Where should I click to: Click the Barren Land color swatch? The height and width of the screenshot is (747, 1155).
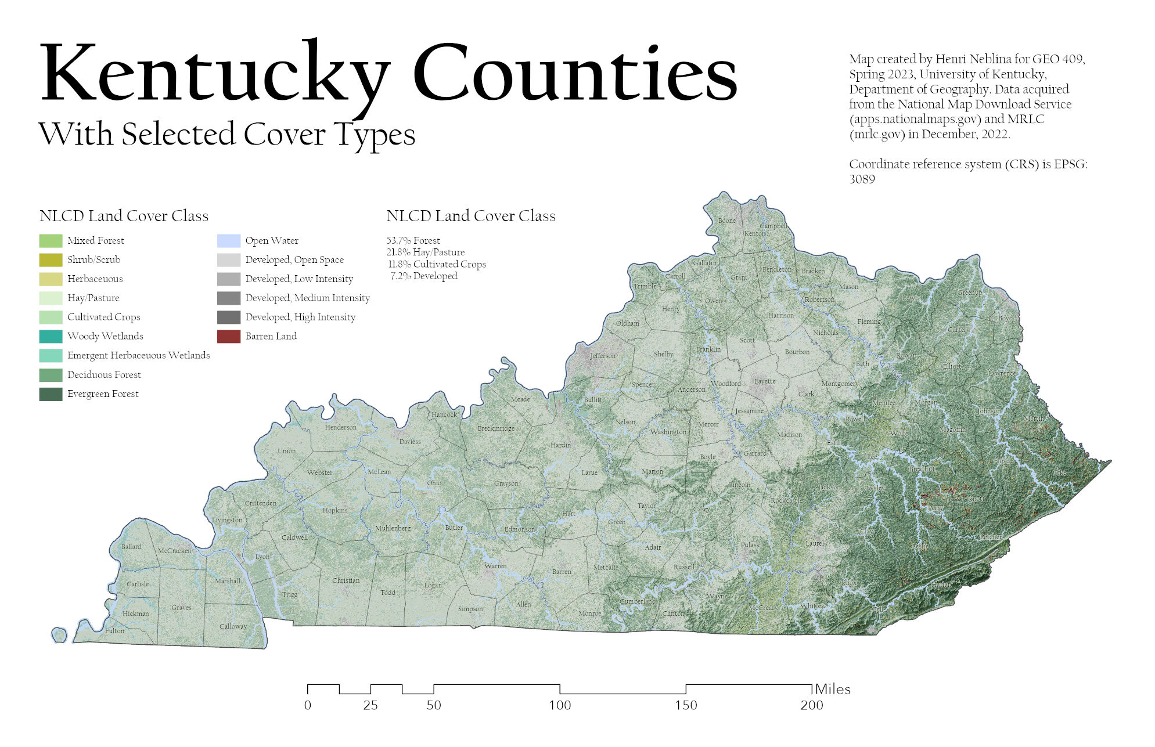click(228, 337)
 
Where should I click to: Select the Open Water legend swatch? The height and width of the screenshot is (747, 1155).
click(228, 241)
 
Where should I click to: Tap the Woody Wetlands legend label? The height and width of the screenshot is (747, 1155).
click(105, 336)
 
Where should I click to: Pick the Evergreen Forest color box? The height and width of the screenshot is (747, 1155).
click(51, 394)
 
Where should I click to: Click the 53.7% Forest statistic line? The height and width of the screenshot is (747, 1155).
click(413, 240)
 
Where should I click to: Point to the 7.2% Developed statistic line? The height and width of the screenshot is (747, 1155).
click(423, 276)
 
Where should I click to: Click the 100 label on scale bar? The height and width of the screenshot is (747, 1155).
click(560, 705)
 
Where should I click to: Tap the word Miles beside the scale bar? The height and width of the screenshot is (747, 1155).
click(833, 689)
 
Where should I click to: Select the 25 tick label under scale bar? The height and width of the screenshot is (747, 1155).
click(370, 705)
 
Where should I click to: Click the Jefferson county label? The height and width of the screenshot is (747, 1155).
click(603, 356)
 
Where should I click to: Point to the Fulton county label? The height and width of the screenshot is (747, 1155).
click(114, 631)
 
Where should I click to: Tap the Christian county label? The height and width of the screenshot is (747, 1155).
click(346, 580)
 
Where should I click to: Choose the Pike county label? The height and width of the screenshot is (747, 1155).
click(1060, 472)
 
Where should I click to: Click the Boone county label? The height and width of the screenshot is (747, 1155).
click(727, 221)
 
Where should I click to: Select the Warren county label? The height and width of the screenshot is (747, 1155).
click(495, 566)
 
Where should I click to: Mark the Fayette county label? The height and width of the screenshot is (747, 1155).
click(765, 381)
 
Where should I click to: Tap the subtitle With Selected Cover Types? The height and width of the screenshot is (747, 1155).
click(226, 135)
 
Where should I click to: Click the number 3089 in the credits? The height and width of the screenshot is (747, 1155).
click(862, 179)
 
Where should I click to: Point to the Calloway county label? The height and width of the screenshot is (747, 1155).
click(233, 626)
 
